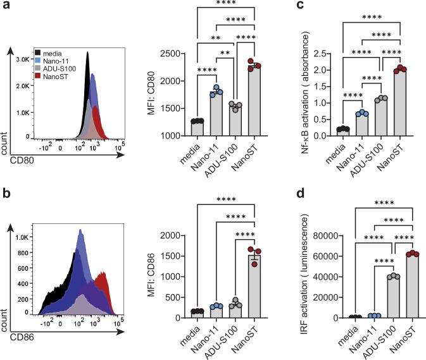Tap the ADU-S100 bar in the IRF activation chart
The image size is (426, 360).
tap(381, 297)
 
